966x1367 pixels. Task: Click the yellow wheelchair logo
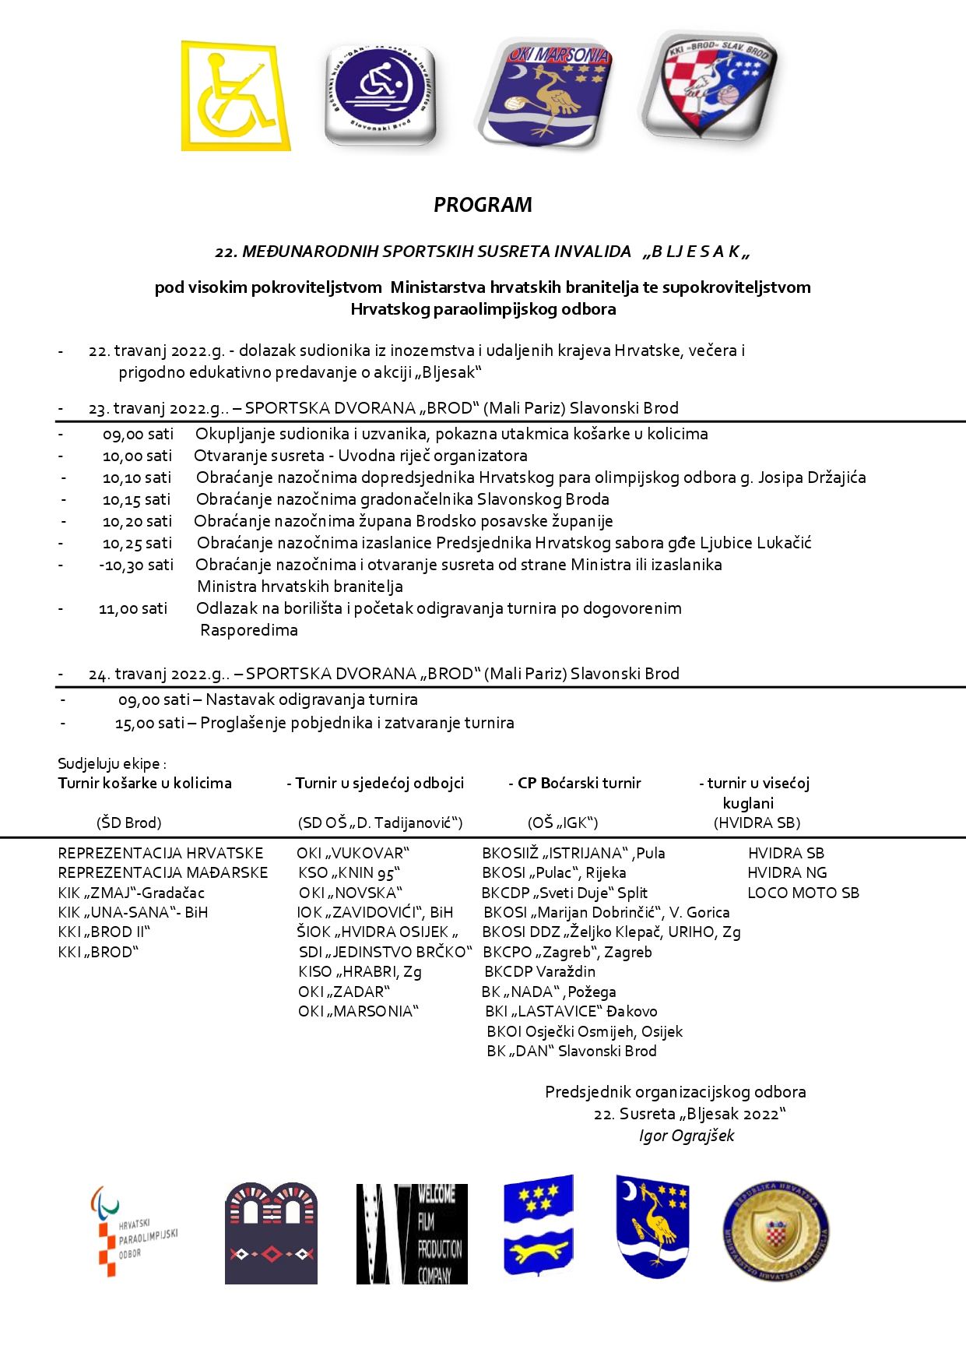pyautogui.click(x=235, y=96)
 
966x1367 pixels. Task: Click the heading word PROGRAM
pyautogui.click(x=483, y=205)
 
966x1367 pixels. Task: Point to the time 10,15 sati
pyautogui.click(x=136, y=499)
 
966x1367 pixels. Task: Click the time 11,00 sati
pyautogui.click(x=133, y=608)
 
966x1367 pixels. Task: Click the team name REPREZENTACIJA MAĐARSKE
pyautogui.click(x=163, y=873)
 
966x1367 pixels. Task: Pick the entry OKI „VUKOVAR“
pyautogui.click(x=353, y=853)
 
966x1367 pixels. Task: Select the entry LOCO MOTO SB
pyautogui.click(x=803, y=893)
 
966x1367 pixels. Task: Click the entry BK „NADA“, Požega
pyautogui.click(x=549, y=992)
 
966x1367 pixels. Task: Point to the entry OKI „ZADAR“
pyautogui.click(x=343, y=992)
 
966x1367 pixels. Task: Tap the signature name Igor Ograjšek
pyautogui.click(x=686, y=1136)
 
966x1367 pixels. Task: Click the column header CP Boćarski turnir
pyautogui.click(x=579, y=783)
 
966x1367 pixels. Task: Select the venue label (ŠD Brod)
pyautogui.click(x=129, y=823)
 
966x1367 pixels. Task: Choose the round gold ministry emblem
pyautogui.click(x=775, y=1232)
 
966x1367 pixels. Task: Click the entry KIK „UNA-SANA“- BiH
pyautogui.click(x=132, y=912)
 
